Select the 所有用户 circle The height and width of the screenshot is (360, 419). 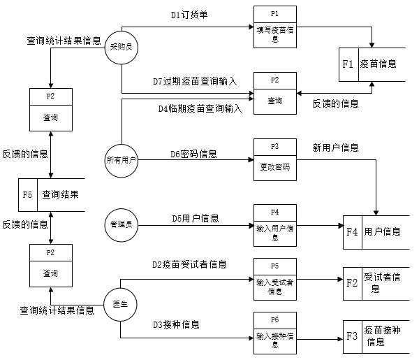[x=122, y=160]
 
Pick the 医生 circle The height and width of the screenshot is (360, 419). [x=121, y=303]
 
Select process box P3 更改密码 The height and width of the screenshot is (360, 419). [x=275, y=160]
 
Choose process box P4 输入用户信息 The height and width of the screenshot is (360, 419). [x=275, y=225]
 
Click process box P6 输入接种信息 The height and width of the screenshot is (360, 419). [x=275, y=331]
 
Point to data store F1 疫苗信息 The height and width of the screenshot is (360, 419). [x=370, y=64]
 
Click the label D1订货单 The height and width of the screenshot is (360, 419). [x=189, y=14]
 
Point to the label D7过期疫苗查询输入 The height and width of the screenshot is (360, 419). [x=195, y=82]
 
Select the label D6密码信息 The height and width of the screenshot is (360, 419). [x=193, y=153]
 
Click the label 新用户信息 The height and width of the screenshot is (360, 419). [x=335, y=147]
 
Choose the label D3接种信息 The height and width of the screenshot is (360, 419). [x=176, y=324]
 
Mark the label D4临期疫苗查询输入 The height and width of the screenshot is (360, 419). [x=200, y=108]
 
